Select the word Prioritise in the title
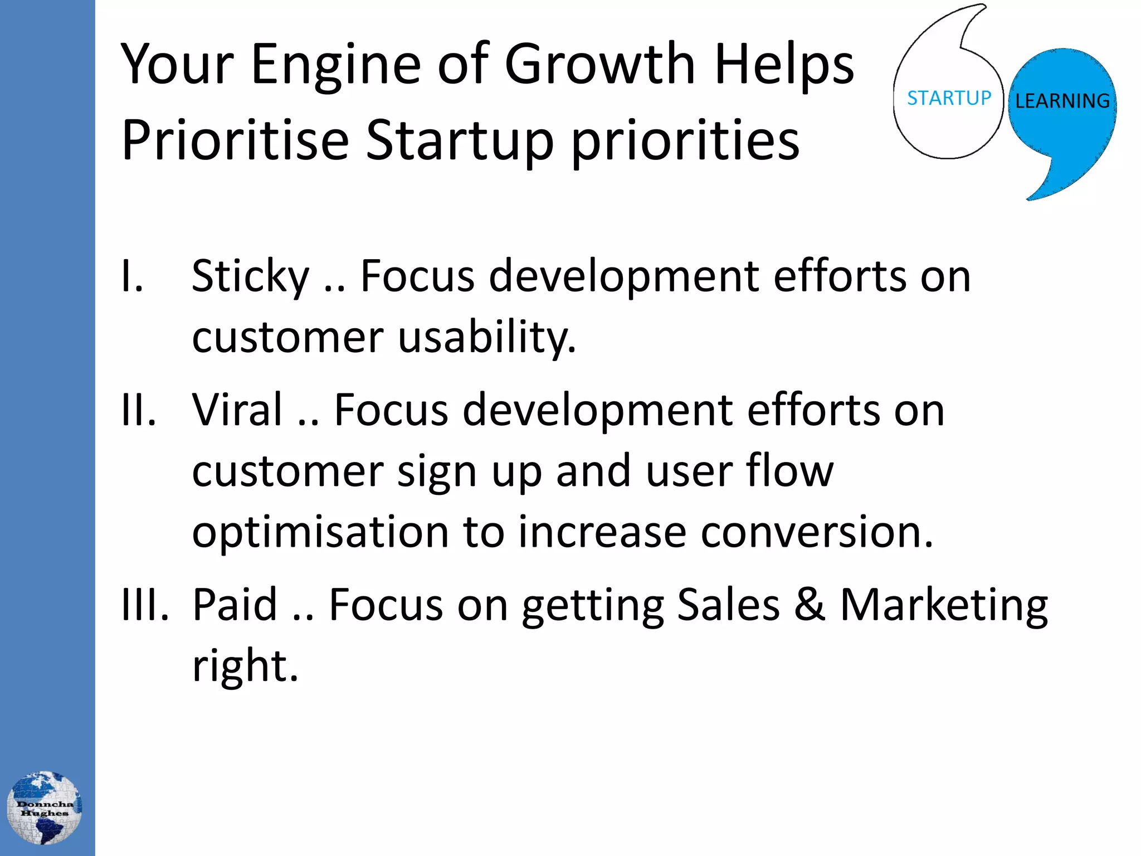pyautogui.click(x=235, y=140)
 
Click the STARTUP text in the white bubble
pyautogui.click(x=949, y=99)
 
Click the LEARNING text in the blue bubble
pyautogui.click(x=1062, y=101)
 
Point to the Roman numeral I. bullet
pyautogui.click(x=133, y=276)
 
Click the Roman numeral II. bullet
pyautogui.click(x=139, y=410)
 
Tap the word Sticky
pyautogui.click(x=250, y=276)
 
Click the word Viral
pyautogui.click(x=237, y=410)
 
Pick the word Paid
pyautogui.click(x=235, y=605)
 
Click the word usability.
pyautogui.click(x=487, y=338)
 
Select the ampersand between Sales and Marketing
pyautogui.click(x=810, y=605)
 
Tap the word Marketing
pyautogui.click(x=944, y=605)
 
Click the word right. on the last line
pyautogui.click(x=245, y=666)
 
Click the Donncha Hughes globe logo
pyautogui.click(x=45, y=808)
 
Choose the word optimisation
pyautogui.click(x=320, y=532)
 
